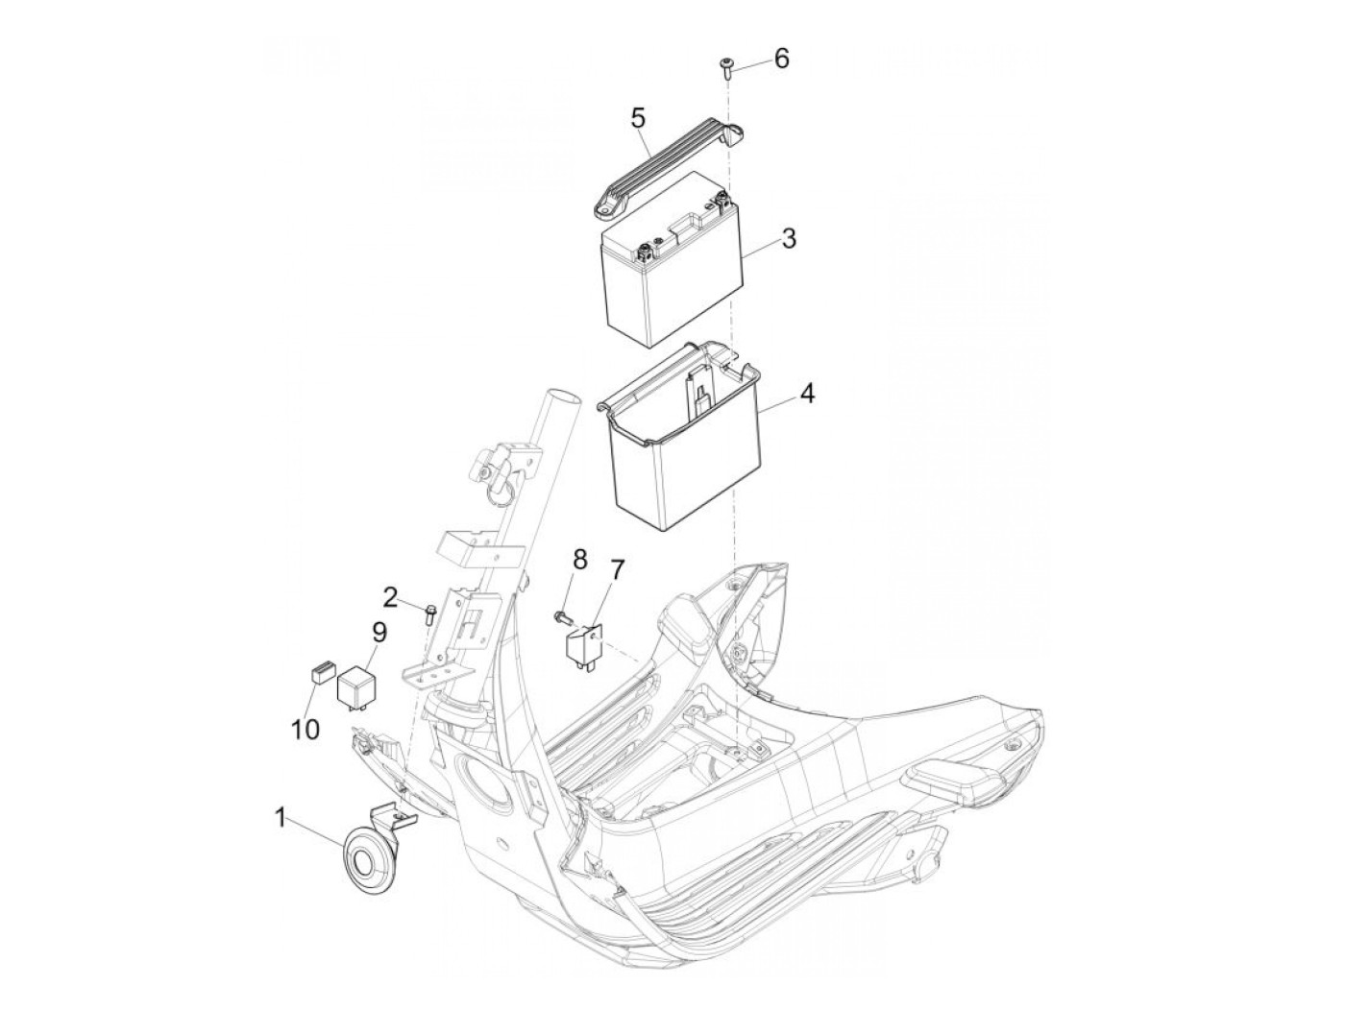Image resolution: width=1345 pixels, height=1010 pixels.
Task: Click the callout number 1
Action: coord(280,818)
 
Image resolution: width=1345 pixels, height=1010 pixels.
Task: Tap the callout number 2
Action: coord(389,598)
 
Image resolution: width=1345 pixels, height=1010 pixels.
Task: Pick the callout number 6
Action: coord(781,59)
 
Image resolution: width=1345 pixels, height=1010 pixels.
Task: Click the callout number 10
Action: coord(306,729)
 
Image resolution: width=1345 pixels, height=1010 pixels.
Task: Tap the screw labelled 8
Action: coord(564,615)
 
